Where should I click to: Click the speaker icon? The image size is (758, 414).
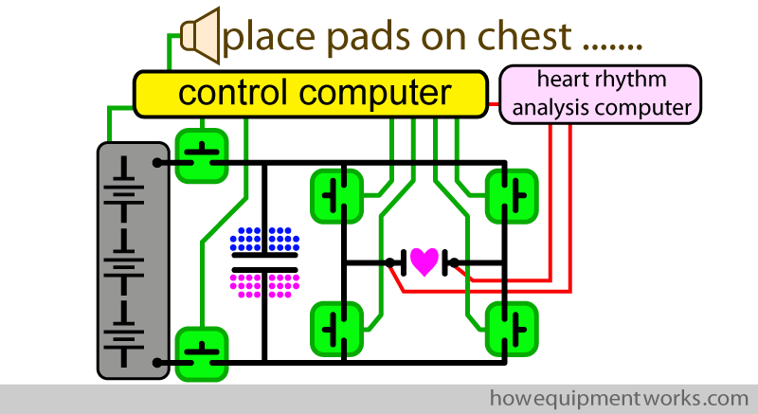200,35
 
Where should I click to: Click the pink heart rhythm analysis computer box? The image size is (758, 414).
601,94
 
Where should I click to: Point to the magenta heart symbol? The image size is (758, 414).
423,261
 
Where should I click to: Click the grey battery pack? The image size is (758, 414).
134,258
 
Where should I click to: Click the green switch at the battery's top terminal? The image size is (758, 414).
203,154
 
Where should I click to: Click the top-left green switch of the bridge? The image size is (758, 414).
337,195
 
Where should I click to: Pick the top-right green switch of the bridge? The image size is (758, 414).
511,195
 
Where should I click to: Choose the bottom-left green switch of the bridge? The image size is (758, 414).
337,328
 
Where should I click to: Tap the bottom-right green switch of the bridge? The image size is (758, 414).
511,328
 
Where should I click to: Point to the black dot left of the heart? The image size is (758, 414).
390,262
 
